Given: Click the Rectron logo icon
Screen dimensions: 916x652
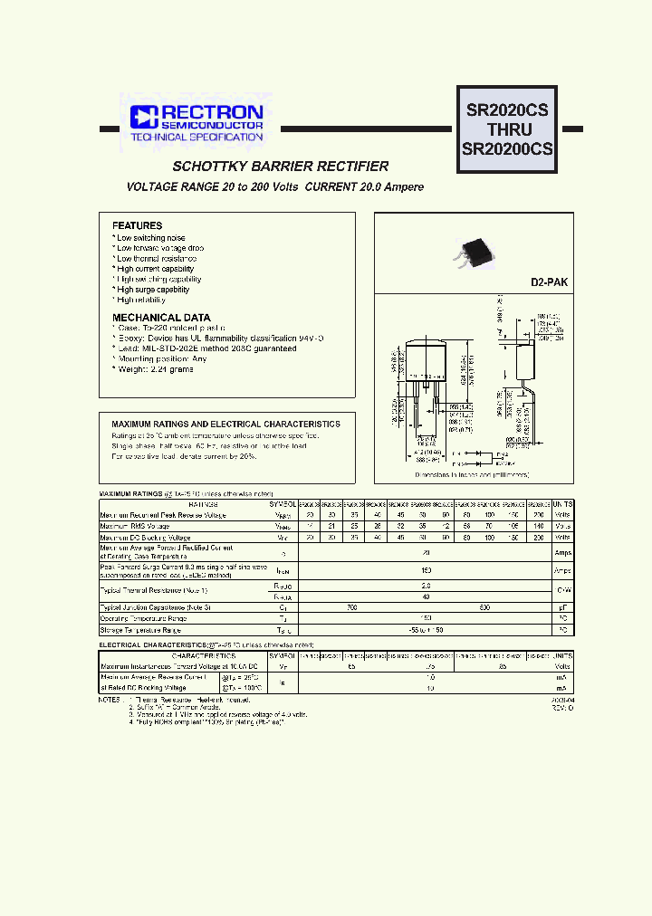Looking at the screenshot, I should click(x=144, y=116).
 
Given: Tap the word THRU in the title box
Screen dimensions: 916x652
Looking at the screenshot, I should click(x=507, y=129).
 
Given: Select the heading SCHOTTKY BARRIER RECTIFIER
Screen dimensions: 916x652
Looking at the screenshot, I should click(x=281, y=167).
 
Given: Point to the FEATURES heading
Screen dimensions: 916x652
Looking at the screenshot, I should click(x=137, y=225).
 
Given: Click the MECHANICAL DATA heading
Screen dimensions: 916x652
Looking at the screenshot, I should click(x=160, y=318).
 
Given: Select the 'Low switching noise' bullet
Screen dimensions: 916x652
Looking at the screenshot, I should click(x=150, y=238).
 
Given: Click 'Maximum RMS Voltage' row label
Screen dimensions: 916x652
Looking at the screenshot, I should click(x=135, y=526).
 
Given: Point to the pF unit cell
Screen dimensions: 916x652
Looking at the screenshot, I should click(x=562, y=607).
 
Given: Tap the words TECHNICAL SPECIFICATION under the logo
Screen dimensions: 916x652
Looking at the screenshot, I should click(x=196, y=138).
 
